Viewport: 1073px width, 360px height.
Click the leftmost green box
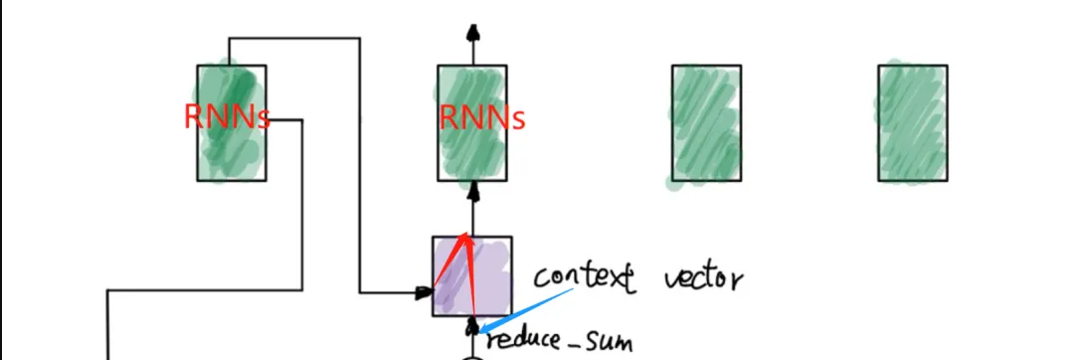tap(231, 149)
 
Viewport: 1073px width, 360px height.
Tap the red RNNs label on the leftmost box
tap(227, 117)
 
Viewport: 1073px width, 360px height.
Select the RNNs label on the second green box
tap(482, 118)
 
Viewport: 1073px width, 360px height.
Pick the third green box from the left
tap(705, 123)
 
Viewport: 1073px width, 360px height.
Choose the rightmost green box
tap(912, 123)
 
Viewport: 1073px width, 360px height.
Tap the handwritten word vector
tap(702, 277)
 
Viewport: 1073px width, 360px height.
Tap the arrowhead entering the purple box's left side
tap(426, 292)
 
